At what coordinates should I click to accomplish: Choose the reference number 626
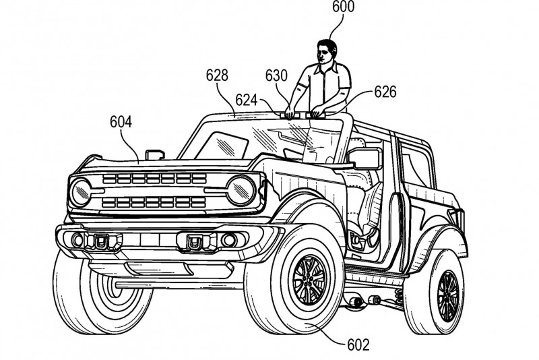coord(384,91)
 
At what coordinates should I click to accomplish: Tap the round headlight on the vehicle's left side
coord(82,191)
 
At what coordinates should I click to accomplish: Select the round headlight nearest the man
coord(241,189)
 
